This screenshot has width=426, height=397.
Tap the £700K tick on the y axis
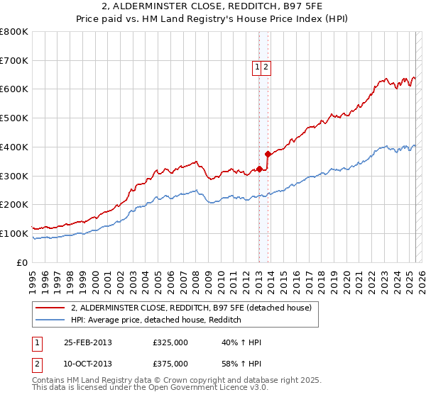[15, 60]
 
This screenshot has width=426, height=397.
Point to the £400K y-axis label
[15, 147]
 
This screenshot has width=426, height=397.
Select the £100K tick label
[15, 233]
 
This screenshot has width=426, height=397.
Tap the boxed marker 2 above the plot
[266, 67]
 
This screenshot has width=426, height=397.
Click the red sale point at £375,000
[267, 154]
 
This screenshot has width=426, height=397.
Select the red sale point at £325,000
[259, 169]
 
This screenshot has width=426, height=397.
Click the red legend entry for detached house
[191, 308]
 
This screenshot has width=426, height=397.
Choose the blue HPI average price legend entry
[156, 320]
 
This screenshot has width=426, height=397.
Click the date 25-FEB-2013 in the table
[88, 342]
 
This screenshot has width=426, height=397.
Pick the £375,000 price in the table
[170, 363]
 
